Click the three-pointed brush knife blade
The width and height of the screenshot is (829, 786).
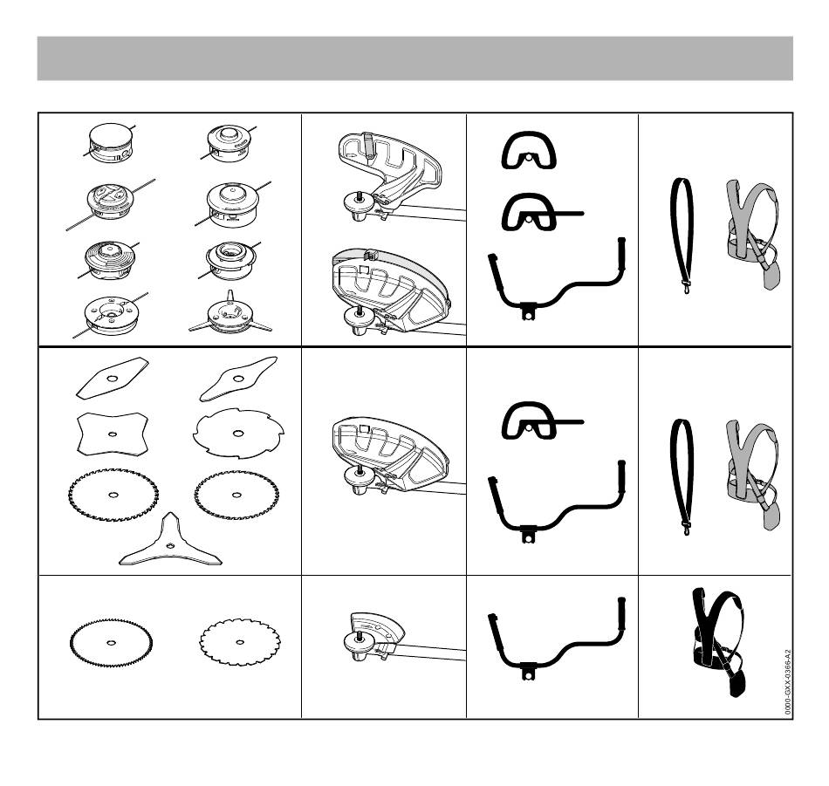[169, 544]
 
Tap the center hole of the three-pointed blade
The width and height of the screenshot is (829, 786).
[169, 545]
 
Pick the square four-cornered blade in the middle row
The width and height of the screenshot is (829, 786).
[112, 434]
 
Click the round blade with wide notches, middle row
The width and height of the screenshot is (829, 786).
[238, 434]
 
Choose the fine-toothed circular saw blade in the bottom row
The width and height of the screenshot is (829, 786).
[111, 642]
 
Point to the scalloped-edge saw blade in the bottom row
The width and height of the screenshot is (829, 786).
[240, 642]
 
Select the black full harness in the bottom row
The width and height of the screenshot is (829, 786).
[718, 640]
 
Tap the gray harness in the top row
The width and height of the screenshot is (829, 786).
[752, 233]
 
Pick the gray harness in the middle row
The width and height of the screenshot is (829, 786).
[752, 475]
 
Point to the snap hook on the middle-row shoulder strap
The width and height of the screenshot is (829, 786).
[686, 528]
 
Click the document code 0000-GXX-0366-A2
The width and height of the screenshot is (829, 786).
[788, 682]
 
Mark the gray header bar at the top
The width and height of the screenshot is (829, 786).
[415, 58]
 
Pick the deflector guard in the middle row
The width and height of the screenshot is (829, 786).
[391, 455]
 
